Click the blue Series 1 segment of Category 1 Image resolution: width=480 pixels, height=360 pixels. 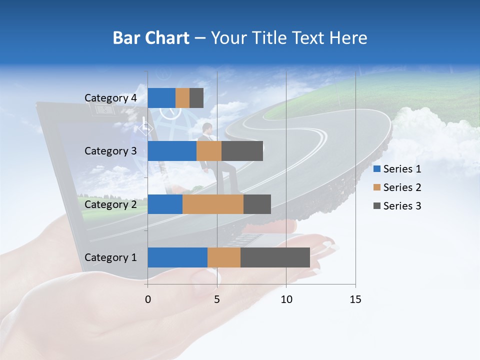click(177, 257)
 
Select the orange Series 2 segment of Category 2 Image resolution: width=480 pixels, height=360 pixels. click(213, 204)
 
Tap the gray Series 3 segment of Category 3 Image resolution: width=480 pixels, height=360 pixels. click(242, 151)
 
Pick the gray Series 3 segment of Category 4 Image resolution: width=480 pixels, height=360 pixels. click(196, 98)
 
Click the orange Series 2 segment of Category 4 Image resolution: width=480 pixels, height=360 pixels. click(182, 98)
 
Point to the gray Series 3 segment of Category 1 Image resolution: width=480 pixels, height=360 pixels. click(275, 257)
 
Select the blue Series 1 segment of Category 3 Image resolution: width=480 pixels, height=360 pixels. click(172, 151)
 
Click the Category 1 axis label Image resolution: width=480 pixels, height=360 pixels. click(110, 257)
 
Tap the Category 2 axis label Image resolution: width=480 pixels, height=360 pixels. click(110, 204)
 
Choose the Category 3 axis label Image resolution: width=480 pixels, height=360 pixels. click(110, 151)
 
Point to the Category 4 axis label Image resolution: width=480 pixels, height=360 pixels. click(110, 98)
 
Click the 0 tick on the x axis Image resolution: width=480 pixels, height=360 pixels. click(148, 299)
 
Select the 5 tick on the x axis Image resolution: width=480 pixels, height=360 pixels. click(217, 299)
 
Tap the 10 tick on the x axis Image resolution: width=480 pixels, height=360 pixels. click(286, 299)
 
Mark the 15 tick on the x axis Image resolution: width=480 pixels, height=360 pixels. click(355, 299)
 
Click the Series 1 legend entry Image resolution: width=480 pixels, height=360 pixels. click(397, 169)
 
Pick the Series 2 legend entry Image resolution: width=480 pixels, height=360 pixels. click(397, 187)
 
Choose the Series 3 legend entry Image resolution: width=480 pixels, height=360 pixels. click(397, 206)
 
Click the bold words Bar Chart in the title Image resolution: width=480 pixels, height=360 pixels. click(151, 38)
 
